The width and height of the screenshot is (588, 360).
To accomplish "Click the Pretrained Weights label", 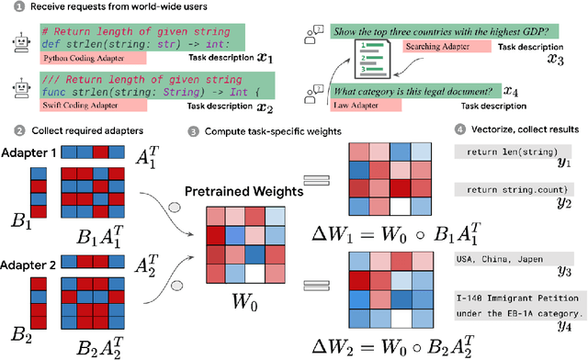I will point(245,191).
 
